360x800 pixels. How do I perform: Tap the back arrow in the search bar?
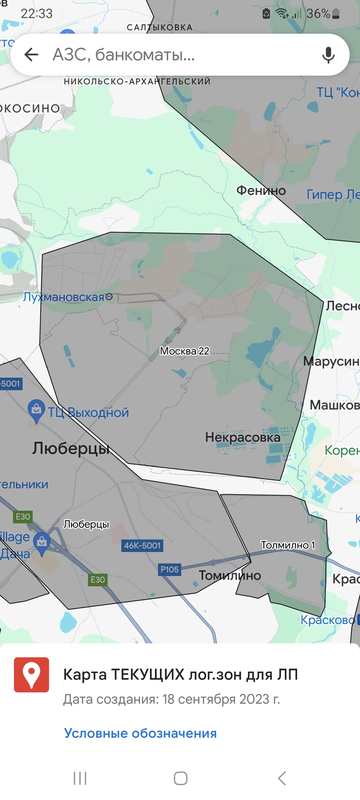[x=31, y=54]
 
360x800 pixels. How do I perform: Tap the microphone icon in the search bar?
[x=328, y=54]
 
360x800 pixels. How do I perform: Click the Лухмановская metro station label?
[x=64, y=297]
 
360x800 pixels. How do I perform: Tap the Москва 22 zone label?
[x=185, y=351]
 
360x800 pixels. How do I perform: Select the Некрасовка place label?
[x=243, y=438]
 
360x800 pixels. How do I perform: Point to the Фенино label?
[x=261, y=191]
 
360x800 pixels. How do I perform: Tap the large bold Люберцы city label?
[x=70, y=448]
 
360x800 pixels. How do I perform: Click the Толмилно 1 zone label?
[x=287, y=545]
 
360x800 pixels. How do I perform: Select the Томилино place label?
[x=230, y=575]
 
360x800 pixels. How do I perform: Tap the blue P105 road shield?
[x=169, y=569]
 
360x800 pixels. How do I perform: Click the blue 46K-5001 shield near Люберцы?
[x=142, y=546]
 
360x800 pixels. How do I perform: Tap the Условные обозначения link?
[x=140, y=733]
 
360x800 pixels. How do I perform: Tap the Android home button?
[x=180, y=778]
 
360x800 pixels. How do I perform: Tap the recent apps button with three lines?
[x=80, y=778]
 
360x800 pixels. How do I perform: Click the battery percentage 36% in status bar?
[x=318, y=14]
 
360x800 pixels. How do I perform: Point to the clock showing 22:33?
[x=37, y=14]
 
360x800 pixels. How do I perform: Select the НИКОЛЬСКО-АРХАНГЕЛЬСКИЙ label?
[x=137, y=81]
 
